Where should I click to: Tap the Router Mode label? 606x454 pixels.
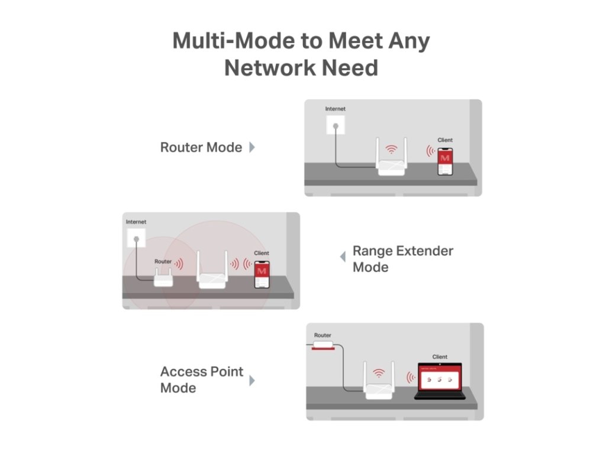click(201, 147)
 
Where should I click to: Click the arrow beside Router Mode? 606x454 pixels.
click(252, 147)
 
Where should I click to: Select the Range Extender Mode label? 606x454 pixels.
click(402, 259)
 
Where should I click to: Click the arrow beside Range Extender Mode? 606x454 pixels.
click(343, 257)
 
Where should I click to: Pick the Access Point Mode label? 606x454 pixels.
click(201, 380)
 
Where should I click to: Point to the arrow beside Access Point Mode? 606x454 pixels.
click(252, 380)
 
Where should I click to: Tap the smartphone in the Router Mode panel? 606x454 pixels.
click(445, 161)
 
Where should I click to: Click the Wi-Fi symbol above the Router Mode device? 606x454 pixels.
click(391, 149)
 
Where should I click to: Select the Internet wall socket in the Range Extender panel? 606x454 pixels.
click(136, 239)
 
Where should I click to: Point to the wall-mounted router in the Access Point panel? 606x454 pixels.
click(323, 345)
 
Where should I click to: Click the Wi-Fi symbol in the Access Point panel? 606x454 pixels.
click(379, 373)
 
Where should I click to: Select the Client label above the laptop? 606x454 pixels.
click(440, 357)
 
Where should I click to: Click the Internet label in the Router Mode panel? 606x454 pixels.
click(336, 109)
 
